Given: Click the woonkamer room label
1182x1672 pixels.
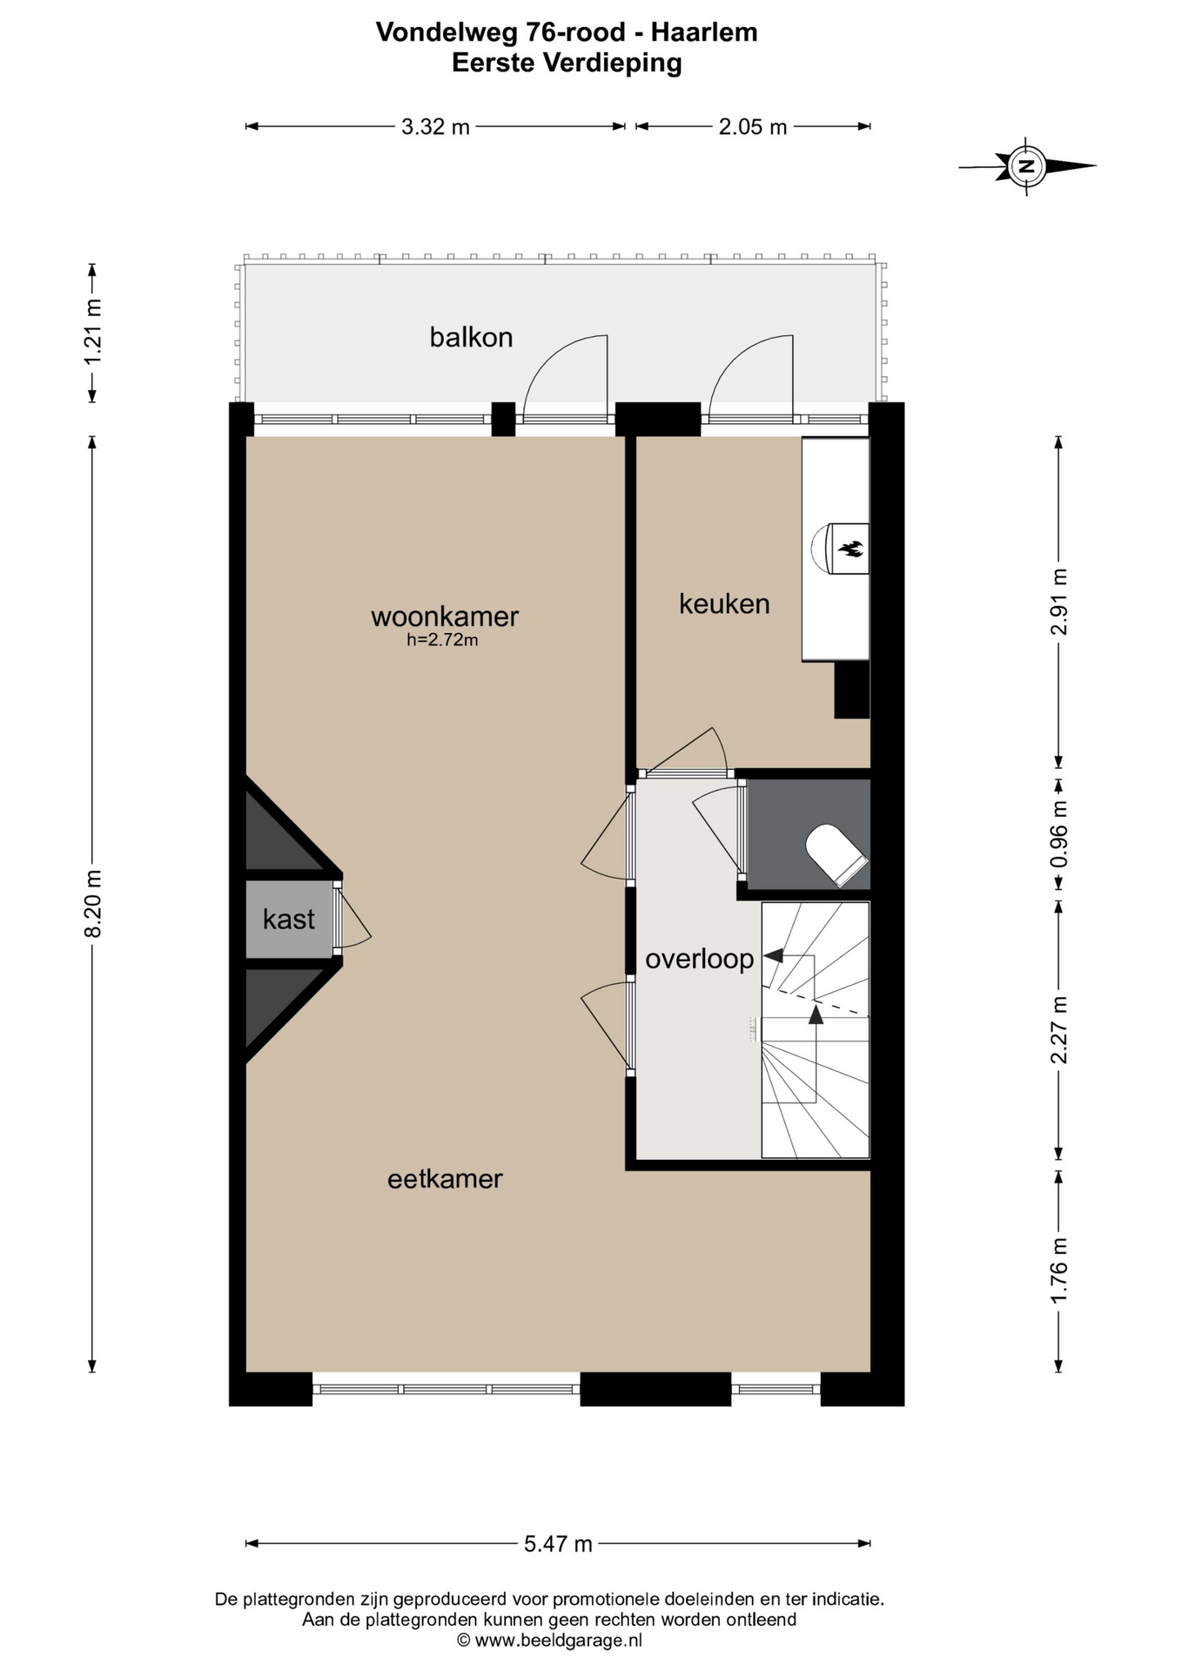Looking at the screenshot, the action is [x=445, y=617].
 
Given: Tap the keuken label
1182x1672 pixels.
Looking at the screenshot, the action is [x=724, y=603].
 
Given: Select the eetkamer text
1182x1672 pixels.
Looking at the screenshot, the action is [x=445, y=1179].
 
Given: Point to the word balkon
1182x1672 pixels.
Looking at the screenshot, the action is [x=471, y=337].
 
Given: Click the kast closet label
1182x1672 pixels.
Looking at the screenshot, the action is [x=289, y=919].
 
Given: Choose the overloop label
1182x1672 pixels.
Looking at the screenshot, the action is [x=699, y=960].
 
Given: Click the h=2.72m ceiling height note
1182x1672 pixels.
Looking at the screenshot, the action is [x=442, y=640].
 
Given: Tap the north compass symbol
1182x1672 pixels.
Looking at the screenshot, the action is [x=1027, y=165].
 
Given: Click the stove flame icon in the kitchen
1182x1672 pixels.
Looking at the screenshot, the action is [x=850, y=549].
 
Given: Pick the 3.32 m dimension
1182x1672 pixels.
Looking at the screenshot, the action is [x=435, y=127].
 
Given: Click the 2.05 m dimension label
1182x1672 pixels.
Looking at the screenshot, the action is [x=753, y=127].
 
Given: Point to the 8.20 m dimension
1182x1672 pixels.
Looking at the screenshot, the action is [x=93, y=903].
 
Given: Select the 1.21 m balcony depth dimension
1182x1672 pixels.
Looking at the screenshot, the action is [x=93, y=332].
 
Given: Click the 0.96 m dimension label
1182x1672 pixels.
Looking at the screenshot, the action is [x=1058, y=835].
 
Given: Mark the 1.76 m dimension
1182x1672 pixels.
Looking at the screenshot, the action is [x=1058, y=1271].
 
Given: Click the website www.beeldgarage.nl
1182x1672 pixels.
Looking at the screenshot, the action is [x=558, y=1641].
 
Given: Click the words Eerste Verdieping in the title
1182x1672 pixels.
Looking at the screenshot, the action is [x=567, y=63].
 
